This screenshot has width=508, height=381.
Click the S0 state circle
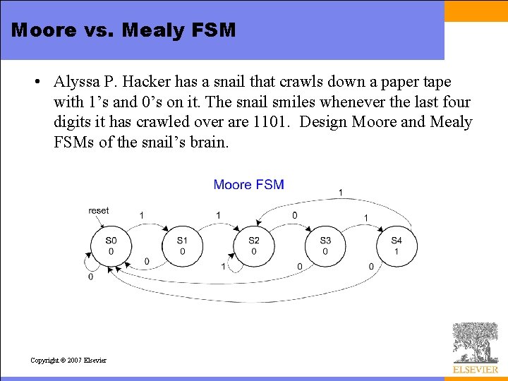111,246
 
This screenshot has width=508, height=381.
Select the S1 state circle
182,246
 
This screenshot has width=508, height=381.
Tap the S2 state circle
253,246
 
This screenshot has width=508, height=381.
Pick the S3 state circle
325,246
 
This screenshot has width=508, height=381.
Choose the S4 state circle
397,246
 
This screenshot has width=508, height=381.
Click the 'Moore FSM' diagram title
248,185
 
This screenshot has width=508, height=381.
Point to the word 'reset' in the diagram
99,210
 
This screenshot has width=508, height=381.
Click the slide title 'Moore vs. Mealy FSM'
123,30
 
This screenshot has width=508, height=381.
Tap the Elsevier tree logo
475,343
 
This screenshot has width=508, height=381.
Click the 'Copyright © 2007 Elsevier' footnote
68,360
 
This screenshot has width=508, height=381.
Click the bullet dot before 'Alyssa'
36,83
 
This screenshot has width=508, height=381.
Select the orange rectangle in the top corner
476,11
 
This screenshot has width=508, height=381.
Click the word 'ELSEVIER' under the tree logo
475,369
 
